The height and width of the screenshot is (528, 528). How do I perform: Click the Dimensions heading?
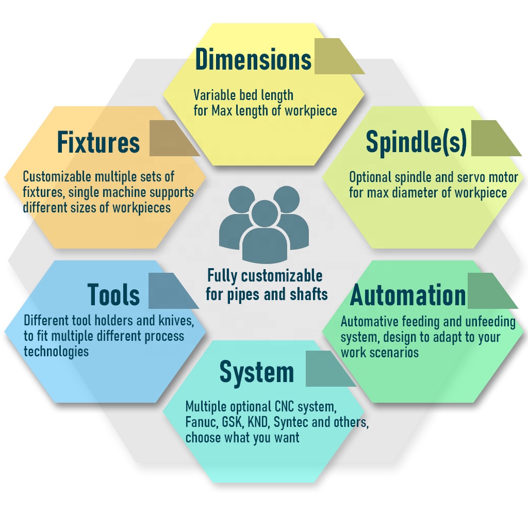253,60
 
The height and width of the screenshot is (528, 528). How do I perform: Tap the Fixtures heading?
98,142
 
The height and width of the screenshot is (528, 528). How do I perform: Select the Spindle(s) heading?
416,142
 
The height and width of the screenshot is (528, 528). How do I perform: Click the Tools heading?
113,294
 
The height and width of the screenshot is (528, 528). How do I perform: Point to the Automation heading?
408,295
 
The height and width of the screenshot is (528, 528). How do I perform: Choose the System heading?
257,372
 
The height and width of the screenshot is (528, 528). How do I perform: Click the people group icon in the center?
264,225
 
